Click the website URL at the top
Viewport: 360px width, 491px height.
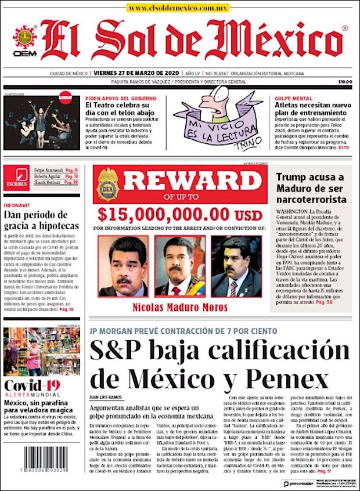(x=178, y=8)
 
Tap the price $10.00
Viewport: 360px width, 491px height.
(x=345, y=82)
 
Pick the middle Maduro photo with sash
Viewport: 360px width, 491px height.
(x=179, y=266)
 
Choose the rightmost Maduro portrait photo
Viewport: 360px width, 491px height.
(x=236, y=266)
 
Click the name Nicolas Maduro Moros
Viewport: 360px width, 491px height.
(x=179, y=306)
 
